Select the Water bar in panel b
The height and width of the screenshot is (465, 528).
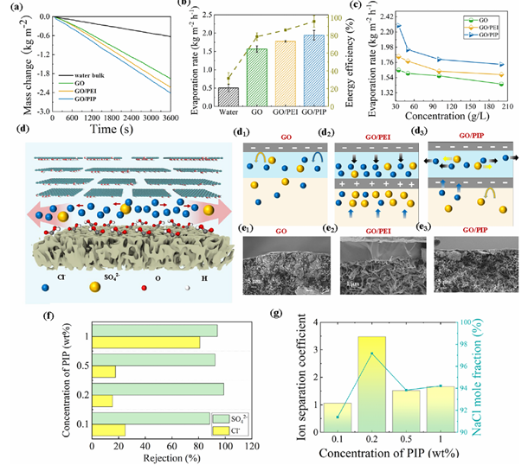pos(228,95)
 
